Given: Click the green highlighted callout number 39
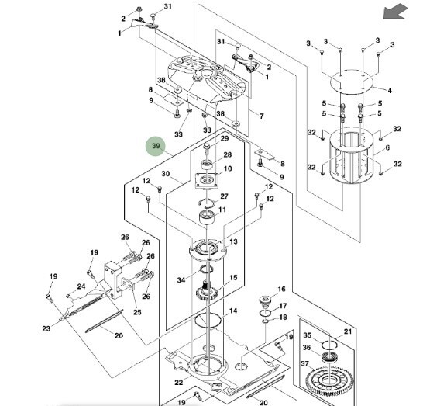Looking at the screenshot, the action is pos(156,146).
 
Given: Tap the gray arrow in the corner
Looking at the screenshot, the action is pos(396,12).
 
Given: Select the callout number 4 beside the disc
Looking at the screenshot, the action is pos(390,91).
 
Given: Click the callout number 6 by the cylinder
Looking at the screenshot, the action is pos(387,147).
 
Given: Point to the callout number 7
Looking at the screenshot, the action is pos(261,116).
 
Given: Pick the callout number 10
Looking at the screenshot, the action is pos(228,168).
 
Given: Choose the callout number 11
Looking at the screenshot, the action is pos(222,210).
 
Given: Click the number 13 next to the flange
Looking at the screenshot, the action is pos(233,241).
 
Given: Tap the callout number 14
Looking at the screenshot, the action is pos(233,311).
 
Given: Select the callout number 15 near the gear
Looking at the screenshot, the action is pos(233,278).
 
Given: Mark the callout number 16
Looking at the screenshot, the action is pos(281,289).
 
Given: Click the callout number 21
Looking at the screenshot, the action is pos(348,331).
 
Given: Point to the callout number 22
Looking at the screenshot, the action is pos(179,383).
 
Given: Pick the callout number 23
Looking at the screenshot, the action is pos(46,328).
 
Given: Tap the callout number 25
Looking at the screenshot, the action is pos(137,312).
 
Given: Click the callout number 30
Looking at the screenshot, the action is pos(166,174).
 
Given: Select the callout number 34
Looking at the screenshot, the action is pos(181,280).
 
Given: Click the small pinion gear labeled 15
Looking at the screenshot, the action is pos(206,291).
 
